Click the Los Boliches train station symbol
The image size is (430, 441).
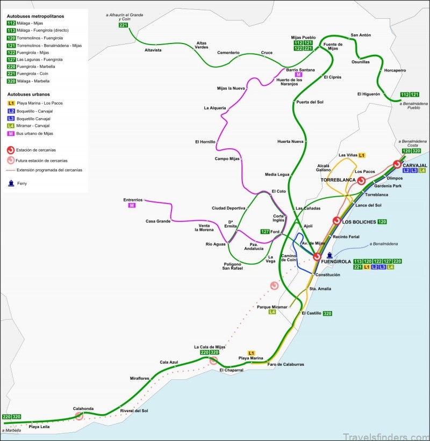[336, 221]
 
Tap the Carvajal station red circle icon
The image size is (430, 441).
[397, 164]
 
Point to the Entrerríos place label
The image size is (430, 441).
[133, 199]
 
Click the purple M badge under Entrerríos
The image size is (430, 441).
[131, 205]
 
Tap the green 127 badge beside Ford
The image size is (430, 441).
[264, 232]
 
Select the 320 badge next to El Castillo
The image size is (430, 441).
[327, 313]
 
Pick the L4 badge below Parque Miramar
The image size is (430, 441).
[272, 312]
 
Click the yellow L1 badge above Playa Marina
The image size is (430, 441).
[251, 352]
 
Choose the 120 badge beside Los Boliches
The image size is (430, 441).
[382, 221]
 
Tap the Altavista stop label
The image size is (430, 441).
[153, 50]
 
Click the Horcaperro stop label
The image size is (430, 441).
[396, 70]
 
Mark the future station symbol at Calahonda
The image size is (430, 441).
[79, 415]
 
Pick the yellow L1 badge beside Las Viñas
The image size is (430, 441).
[362, 155]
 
